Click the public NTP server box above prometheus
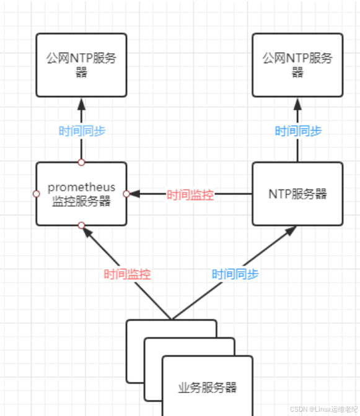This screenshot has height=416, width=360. coord(81,65)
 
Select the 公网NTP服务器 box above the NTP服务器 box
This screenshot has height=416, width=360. coord(297,65)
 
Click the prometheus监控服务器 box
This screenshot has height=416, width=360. coord(81,194)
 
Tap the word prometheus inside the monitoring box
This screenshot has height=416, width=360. coord(81,187)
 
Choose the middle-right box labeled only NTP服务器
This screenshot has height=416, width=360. coord(297,194)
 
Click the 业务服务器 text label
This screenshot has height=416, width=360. coord(208,388)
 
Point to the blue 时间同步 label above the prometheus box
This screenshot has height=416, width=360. coord(82,131)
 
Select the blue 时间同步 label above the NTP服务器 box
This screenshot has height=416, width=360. coord(298,131)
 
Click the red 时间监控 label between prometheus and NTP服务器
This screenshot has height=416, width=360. coord(190,195)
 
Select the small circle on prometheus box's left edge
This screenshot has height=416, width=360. coord(36,194)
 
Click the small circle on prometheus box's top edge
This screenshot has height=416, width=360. coord(81,162)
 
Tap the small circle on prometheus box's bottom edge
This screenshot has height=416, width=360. coord(81,226)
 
